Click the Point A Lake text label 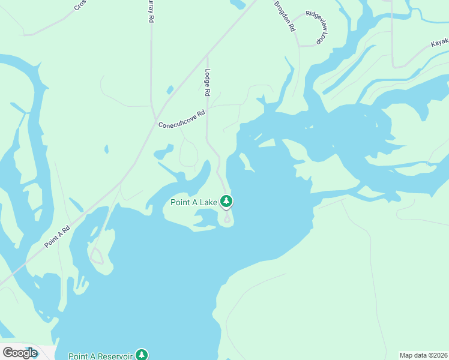tap(194, 203)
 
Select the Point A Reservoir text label tap(100, 356)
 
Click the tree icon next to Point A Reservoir tap(142, 355)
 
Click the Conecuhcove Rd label tap(181, 119)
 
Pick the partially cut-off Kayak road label tap(440, 43)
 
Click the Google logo tap(20, 353)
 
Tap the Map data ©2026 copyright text tap(423, 355)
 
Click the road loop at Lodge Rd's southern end tap(228, 219)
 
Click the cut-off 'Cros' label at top tap(80, 5)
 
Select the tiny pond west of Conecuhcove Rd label tap(106, 149)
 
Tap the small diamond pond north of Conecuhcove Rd tap(170, 90)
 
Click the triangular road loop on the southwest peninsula tap(96, 258)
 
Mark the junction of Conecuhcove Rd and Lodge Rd tap(207, 106)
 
